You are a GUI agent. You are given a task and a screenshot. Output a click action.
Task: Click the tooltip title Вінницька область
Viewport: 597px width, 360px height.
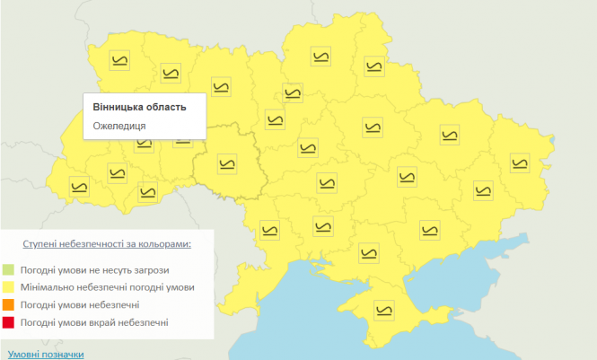click(139, 107)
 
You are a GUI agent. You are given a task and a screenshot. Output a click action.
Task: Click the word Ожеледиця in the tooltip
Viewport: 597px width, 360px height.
click(119, 126)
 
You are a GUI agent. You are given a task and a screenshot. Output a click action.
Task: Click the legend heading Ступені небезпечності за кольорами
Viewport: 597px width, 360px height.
click(107, 244)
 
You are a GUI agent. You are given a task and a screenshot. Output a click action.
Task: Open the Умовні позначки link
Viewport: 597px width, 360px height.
click(45, 354)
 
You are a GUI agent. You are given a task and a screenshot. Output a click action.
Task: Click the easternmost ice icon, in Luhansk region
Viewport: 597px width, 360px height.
click(520, 162)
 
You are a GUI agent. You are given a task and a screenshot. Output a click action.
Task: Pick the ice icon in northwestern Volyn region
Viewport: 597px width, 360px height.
click(119, 59)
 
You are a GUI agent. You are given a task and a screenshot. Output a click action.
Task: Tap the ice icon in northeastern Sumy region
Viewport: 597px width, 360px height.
click(372, 66)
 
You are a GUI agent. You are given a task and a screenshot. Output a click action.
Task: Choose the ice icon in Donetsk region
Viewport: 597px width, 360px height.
click(482, 190)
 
